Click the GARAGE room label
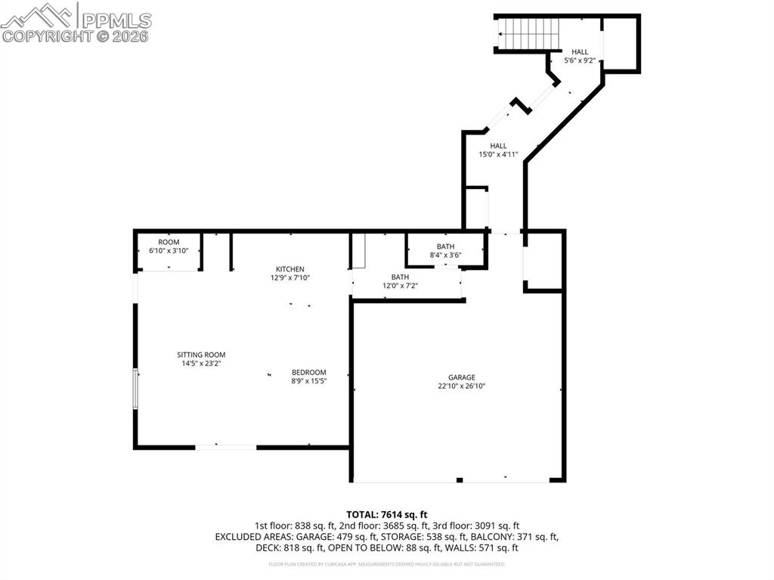tap(461, 377)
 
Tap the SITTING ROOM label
tap(201, 355)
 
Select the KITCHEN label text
tap(289, 269)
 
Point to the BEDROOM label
tap(309, 372)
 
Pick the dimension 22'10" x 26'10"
tap(461, 386)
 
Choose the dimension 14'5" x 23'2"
tap(201, 363)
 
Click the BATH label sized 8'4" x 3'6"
tap(445, 247)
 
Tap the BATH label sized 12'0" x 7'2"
tap(400, 277)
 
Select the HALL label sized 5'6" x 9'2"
tap(580, 51)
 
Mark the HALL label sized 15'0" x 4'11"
tap(498, 146)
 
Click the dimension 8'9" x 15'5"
tap(309, 381)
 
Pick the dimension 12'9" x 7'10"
tap(289, 278)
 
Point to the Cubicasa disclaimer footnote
tap(387, 564)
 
